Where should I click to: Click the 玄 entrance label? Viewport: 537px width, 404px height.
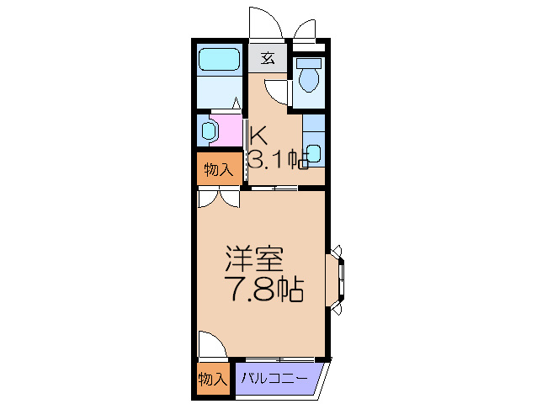click(x=268, y=58)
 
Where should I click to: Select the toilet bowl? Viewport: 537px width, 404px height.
click(x=309, y=79)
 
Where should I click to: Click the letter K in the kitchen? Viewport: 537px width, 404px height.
click(x=258, y=134)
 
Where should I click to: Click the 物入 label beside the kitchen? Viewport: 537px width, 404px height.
click(x=218, y=170)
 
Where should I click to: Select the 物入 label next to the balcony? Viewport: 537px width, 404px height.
click(x=212, y=380)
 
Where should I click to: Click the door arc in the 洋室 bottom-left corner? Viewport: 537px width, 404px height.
click(x=213, y=345)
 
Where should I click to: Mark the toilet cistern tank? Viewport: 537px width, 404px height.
click(x=309, y=64)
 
